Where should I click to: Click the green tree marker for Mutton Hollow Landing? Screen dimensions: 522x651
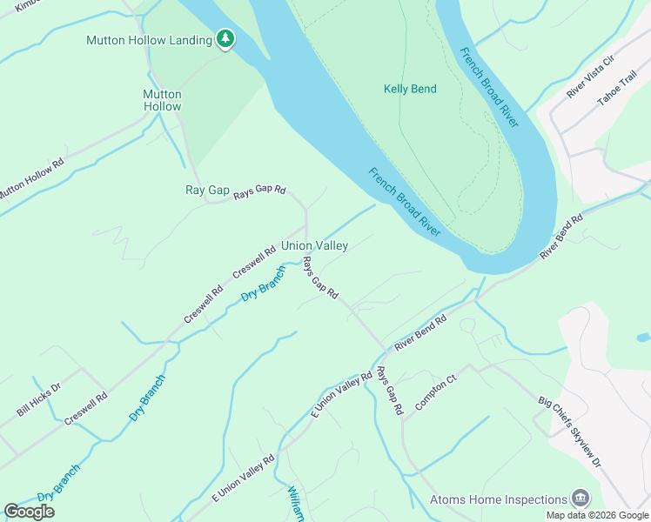tap(225, 39)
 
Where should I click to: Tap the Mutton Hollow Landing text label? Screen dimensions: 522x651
tap(149, 40)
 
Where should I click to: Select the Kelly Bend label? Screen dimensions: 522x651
tap(410, 89)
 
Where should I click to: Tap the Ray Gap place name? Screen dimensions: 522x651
tap(207, 190)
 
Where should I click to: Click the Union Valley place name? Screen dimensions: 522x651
tap(314, 246)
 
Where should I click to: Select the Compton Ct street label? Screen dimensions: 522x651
tap(435, 393)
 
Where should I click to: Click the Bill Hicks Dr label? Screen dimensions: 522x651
tap(39, 399)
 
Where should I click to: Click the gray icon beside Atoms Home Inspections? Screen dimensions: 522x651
tap(579, 499)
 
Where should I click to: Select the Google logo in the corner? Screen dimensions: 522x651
tap(29, 511)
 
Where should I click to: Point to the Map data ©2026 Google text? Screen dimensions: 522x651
tap(597, 515)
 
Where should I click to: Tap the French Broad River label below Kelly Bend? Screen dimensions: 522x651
tap(404, 202)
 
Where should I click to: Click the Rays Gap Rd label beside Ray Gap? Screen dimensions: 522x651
tap(259, 193)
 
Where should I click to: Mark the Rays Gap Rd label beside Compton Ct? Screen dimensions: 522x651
tap(389, 391)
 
